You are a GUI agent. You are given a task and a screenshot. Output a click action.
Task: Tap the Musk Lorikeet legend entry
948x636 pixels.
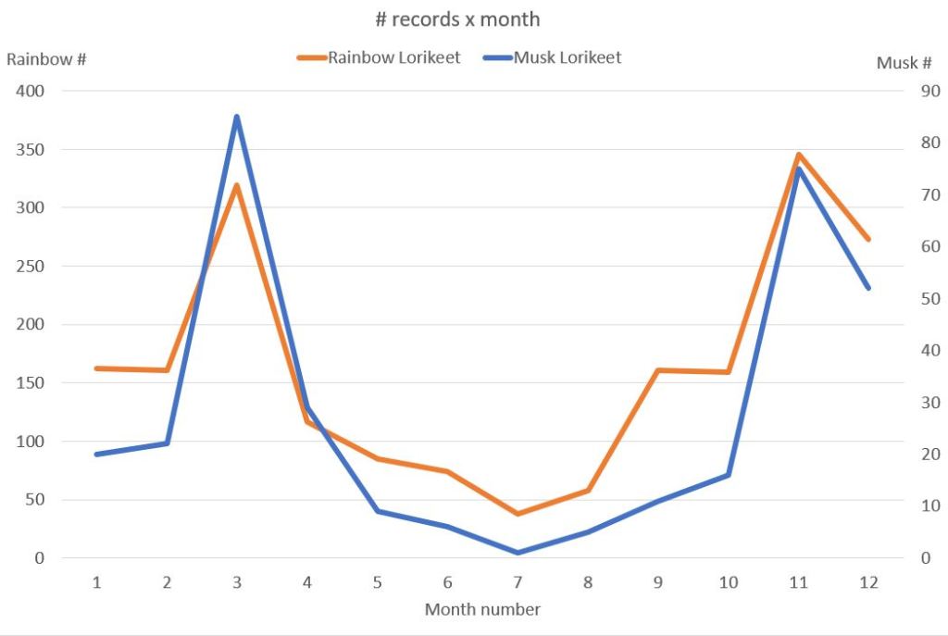point(568,57)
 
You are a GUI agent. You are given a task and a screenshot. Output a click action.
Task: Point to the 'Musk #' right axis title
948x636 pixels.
point(904,63)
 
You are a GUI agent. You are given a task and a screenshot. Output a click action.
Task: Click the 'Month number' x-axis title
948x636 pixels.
point(482,609)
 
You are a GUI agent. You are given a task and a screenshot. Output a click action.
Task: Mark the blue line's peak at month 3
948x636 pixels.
point(237,117)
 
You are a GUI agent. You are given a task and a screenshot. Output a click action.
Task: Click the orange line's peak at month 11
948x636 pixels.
point(798,155)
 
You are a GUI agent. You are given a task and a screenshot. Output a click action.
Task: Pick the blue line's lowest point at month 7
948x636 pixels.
point(518,553)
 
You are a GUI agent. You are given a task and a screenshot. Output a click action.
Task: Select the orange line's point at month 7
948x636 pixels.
point(518,514)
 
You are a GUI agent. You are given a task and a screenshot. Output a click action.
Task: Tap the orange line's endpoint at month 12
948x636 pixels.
point(868,239)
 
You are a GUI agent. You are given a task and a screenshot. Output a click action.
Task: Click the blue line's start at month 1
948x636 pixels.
point(96,455)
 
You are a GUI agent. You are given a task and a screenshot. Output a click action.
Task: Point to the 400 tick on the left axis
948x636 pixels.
point(33,91)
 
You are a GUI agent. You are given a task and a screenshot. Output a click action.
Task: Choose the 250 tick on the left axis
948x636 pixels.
point(33,266)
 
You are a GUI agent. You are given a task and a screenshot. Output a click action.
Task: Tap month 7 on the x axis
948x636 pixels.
point(518,582)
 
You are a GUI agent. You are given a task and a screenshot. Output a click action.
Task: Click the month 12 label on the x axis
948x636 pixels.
point(868,582)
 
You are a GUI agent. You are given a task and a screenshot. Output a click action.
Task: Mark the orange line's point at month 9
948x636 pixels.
point(658,370)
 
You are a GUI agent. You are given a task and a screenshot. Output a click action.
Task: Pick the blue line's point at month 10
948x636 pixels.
point(728,475)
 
